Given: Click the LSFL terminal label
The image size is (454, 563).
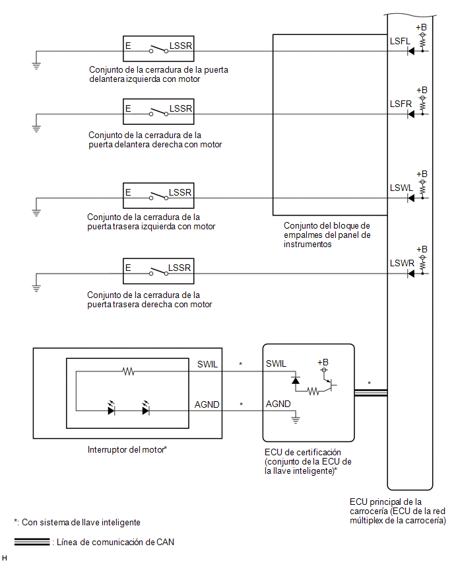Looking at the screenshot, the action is (x=400, y=41).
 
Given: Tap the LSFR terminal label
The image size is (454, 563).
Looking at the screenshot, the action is (x=401, y=104).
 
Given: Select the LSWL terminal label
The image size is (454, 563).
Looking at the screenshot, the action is (x=401, y=188).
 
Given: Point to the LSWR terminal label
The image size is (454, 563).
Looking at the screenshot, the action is (x=402, y=264).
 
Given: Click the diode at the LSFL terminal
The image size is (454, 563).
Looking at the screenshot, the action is (x=411, y=52).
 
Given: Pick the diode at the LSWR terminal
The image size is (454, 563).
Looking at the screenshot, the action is (x=411, y=274).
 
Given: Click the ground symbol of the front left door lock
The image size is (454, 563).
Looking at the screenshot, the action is (x=36, y=65).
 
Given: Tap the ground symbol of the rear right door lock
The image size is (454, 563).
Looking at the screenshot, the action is (x=36, y=288).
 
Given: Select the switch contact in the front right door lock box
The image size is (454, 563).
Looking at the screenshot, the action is (x=158, y=112).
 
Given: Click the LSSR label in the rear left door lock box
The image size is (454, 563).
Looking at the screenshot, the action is (x=180, y=193).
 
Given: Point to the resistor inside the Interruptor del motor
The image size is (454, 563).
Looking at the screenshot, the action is (x=129, y=371).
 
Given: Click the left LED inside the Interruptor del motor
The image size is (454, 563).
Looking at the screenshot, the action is (x=112, y=408).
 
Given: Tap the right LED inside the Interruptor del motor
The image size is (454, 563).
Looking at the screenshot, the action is (x=146, y=408).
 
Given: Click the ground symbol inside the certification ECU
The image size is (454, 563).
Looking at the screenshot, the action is (x=296, y=420).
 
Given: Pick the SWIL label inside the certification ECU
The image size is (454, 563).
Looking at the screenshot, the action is (x=276, y=364).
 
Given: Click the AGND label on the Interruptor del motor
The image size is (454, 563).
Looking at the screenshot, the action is (x=207, y=405).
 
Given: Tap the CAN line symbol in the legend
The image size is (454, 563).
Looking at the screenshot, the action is (x=32, y=542).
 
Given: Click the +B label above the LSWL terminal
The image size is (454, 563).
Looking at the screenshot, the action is (x=422, y=174).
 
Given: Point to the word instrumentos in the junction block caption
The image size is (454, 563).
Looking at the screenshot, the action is (x=308, y=244).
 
